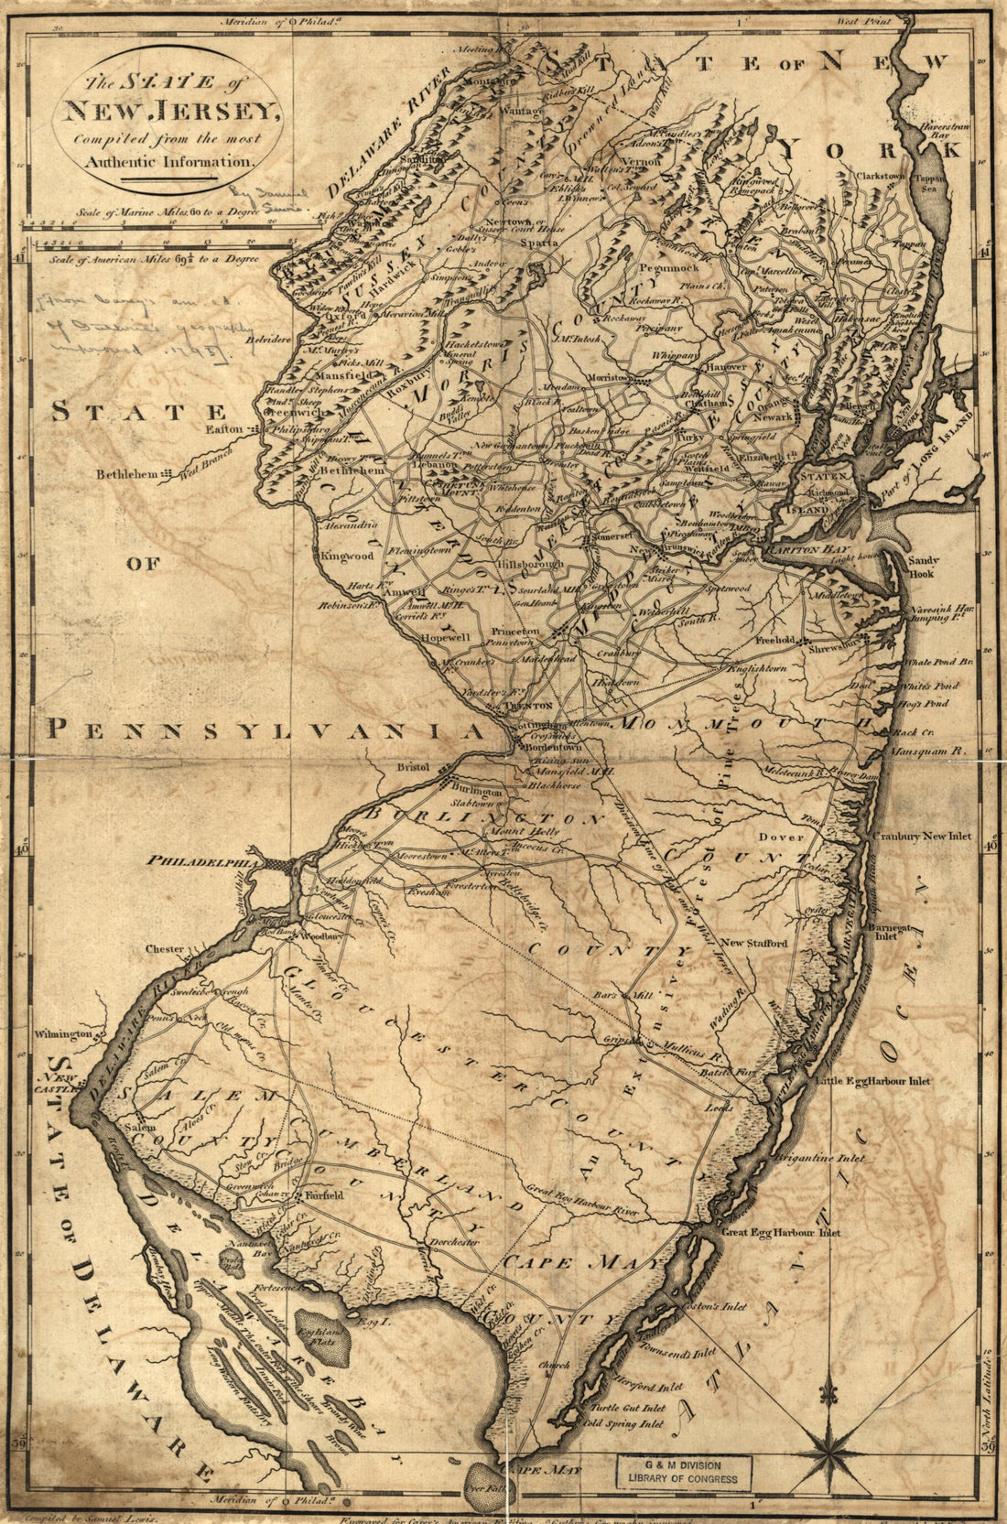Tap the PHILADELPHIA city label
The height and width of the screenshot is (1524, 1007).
point(203,861)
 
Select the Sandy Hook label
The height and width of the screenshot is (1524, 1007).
point(922,567)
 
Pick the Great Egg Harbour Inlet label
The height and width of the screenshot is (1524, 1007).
point(780,1233)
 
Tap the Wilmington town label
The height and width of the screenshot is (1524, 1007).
point(63,1034)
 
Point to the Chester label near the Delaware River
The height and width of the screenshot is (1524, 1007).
point(165,949)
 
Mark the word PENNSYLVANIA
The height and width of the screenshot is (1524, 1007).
point(265,730)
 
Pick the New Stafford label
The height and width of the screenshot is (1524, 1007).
point(753,943)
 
